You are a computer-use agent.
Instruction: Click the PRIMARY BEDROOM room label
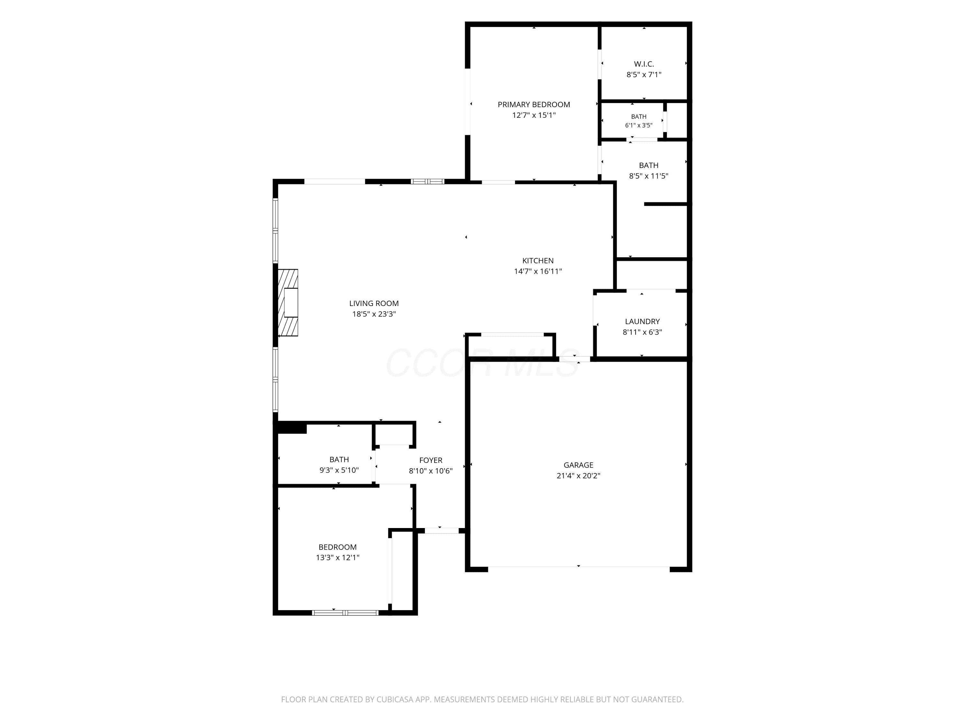click(x=534, y=105)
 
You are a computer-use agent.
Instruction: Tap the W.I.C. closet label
click(x=644, y=64)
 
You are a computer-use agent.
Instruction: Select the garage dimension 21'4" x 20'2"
click(x=578, y=476)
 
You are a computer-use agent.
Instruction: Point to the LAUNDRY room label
click(x=642, y=322)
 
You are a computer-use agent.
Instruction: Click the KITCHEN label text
click(x=538, y=261)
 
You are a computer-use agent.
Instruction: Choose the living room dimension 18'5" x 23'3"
click(x=374, y=314)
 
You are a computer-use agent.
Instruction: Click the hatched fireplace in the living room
click(x=288, y=302)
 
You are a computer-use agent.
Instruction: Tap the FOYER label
click(x=431, y=460)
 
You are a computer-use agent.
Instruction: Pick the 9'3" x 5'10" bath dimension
click(x=339, y=470)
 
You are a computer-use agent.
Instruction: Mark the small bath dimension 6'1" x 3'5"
click(x=639, y=125)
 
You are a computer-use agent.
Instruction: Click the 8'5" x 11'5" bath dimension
click(x=649, y=176)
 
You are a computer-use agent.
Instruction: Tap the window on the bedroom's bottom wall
click(x=345, y=613)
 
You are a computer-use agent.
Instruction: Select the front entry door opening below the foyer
click(x=442, y=531)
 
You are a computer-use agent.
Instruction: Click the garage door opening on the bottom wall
click(x=578, y=567)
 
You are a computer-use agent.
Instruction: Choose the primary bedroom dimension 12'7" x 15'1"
click(x=534, y=115)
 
